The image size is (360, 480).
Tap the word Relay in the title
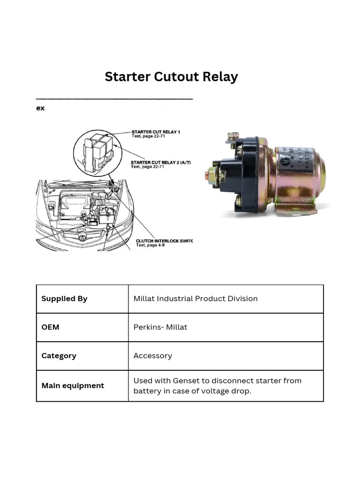click(219, 77)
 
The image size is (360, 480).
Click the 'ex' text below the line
click(41, 108)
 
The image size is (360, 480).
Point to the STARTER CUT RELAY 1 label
click(156, 132)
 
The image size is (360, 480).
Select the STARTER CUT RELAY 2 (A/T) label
click(160, 162)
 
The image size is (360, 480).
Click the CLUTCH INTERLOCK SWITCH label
click(164, 241)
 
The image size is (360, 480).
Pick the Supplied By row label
click(64, 299)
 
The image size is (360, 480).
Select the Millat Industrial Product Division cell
click(195, 299)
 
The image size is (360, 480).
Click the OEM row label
click(50, 327)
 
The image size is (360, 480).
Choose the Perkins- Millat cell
click(160, 327)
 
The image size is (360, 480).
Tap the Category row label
click(59, 356)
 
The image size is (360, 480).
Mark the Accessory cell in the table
click(153, 356)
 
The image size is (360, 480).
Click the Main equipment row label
click(73, 386)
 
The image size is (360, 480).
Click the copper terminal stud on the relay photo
click(207, 176)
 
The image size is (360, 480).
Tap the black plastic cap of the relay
click(241, 173)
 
